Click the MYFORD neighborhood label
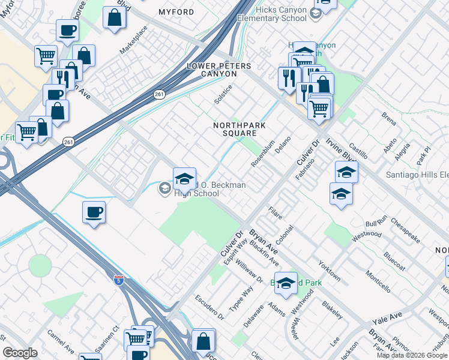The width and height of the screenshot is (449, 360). tap(176, 12)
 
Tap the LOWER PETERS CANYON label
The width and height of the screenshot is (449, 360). tap(211, 70)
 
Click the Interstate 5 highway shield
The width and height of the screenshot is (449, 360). tap(119, 280)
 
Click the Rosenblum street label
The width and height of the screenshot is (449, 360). tap(262, 154)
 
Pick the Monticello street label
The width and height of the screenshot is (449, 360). tap(378, 281)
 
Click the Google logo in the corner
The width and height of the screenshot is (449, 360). tap(20, 353)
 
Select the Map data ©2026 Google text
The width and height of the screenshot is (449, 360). tap(412, 355)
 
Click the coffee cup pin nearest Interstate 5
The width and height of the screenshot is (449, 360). tap(94, 212)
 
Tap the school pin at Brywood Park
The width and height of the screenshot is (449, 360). tap(286, 283)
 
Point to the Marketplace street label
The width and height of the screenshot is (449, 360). tap(133, 41)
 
